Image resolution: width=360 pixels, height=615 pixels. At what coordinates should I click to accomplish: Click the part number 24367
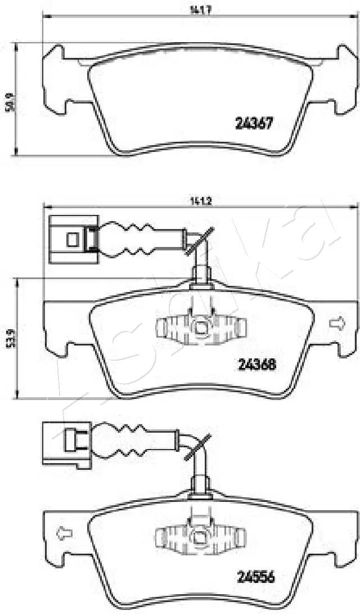point(253,123)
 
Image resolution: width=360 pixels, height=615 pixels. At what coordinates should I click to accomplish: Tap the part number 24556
point(253,577)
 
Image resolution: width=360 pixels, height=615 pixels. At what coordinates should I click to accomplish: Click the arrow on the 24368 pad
point(337,324)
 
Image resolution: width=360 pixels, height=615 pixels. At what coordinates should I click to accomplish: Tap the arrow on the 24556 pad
point(64,532)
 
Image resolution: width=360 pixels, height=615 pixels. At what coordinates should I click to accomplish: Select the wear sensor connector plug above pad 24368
point(74,240)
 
